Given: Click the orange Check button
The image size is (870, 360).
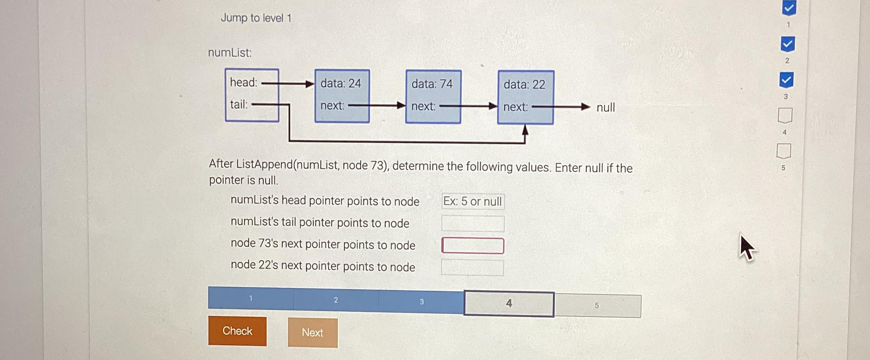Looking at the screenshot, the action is click(237, 331).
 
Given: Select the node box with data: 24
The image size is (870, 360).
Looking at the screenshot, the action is click(342, 96).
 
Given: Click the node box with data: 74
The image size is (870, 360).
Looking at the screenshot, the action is click(433, 96).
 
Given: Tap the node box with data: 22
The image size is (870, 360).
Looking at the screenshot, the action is click(525, 97).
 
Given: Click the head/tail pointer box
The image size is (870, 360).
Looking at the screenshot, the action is click(252, 95).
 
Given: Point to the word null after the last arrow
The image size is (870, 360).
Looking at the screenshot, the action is click(605, 107).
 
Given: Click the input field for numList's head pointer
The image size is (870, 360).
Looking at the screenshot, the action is click(473, 201).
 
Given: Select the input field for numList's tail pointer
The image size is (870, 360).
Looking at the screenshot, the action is click(473, 223).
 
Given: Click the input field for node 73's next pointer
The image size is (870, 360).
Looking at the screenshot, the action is click(473, 245).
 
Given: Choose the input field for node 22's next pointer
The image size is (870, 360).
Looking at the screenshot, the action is click(472, 267).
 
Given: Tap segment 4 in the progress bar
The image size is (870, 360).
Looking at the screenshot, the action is click(509, 304).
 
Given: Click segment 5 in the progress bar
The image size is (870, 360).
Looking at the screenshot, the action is click(597, 306).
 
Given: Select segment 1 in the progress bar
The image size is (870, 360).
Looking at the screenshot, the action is click(251, 298).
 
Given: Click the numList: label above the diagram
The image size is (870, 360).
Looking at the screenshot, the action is click(230, 52).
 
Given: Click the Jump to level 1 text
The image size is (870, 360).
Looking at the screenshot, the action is click(256, 18).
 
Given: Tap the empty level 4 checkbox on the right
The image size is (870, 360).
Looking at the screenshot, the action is click(785, 115).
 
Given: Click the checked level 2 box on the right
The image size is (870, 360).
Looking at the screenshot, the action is click(787, 44).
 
